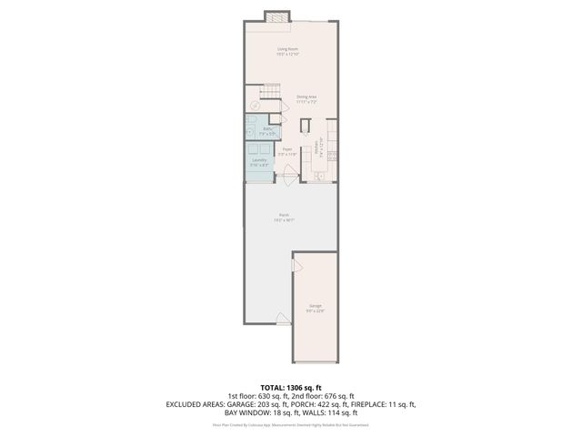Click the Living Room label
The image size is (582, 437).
pyautogui.click(x=288, y=52)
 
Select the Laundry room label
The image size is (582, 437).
pyautogui.click(x=258, y=161)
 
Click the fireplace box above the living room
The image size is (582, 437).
pyautogui.click(x=276, y=16)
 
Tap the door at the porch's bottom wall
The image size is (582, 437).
pyautogui.click(x=284, y=320)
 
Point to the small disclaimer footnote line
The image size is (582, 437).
pyautogui.click(x=291, y=424)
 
